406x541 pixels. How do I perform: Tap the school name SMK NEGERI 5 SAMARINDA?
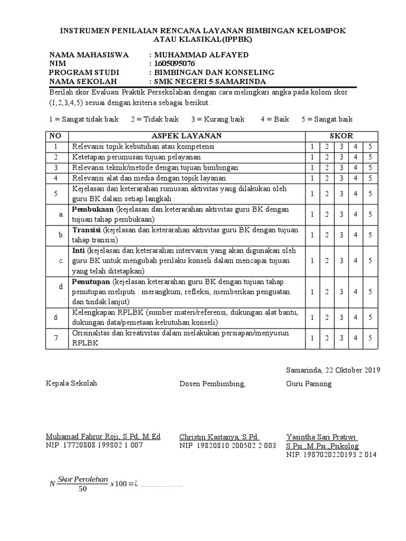(x=209, y=81)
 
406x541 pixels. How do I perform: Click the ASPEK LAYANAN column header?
(x=186, y=136)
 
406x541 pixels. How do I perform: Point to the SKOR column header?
(x=342, y=136)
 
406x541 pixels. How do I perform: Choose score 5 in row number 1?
(x=370, y=146)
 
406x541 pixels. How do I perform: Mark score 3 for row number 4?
(x=342, y=178)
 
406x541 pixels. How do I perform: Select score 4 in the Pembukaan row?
(x=356, y=214)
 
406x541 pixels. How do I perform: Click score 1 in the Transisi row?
(x=312, y=235)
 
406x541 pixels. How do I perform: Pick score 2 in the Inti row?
(x=327, y=260)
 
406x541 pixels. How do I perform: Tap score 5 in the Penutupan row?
(x=370, y=292)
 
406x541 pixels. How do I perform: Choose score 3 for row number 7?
(x=342, y=338)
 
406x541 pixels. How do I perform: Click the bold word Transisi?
(x=87, y=230)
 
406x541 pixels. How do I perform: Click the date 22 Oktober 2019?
(x=349, y=370)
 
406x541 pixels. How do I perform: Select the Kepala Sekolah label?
(x=72, y=384)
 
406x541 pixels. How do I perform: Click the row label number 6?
(x=56, y=317)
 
